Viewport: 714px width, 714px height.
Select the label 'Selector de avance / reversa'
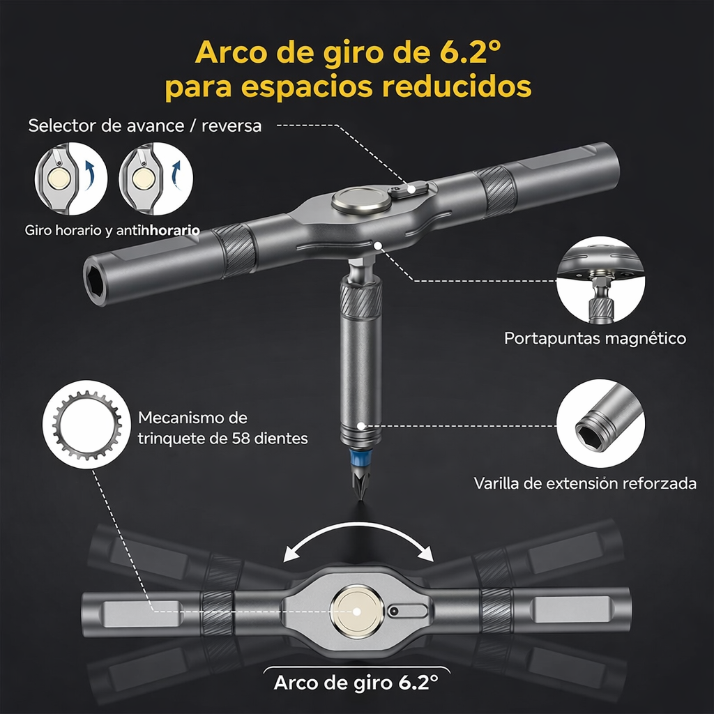(145, 126)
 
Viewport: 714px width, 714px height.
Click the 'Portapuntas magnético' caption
(595, 339)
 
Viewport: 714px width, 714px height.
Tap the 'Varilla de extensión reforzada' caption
(585, 483)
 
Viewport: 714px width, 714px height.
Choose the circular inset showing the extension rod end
(600, 423)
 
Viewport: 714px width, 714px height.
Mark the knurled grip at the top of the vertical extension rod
(360, 298)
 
